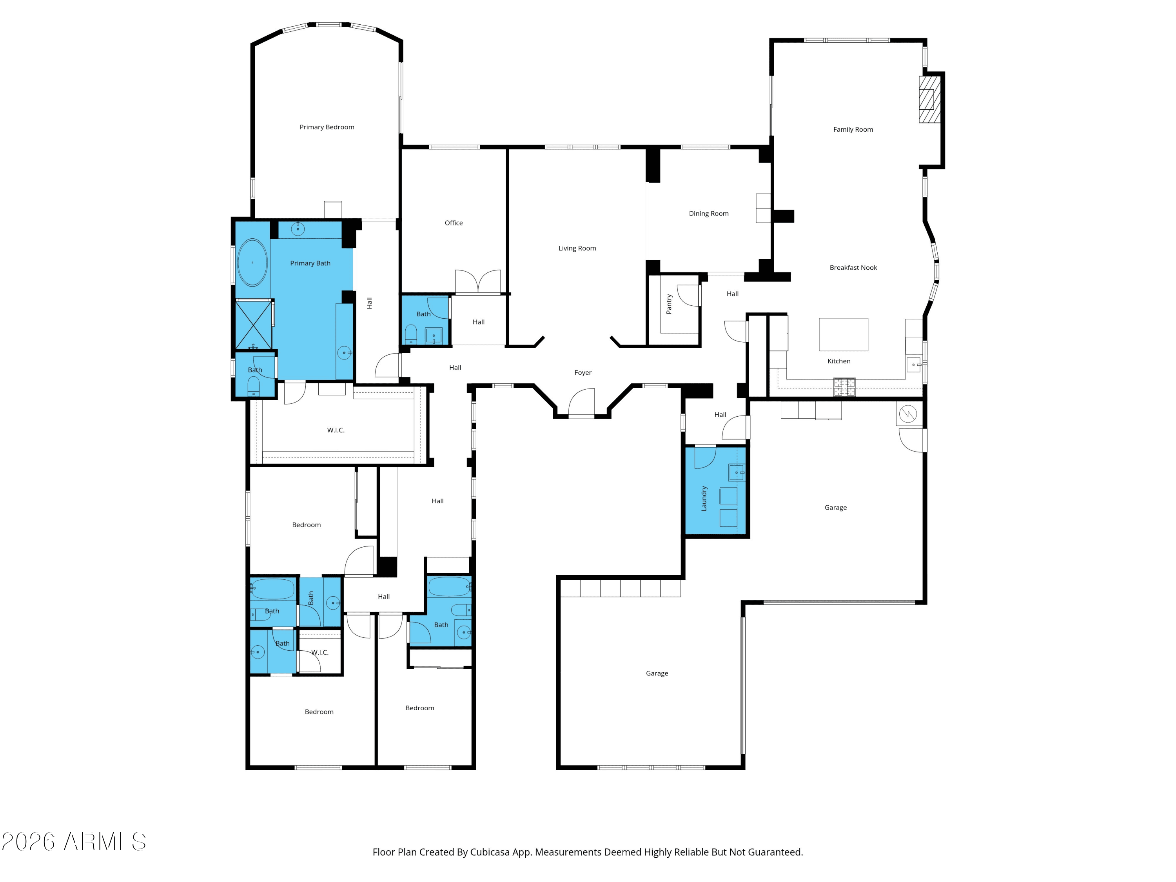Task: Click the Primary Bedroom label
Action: click(327, 127)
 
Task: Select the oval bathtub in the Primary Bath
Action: click(252, 263)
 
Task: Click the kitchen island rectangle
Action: click(843, 334)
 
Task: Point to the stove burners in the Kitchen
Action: click(844, 387)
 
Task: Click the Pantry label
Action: click(669, 304)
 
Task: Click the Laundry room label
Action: click(704, 498)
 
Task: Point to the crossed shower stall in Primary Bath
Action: click(253, 324)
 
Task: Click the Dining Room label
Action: click(709, 214)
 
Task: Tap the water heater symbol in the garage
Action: click(907, 414)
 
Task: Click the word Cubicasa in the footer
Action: click(489, 852)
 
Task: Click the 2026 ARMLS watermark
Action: click(74, 842)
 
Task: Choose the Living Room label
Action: click(577, 248)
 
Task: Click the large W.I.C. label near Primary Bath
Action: click(336, 430)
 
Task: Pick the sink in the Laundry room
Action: click(736, 472)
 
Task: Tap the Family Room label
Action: click(853, 130)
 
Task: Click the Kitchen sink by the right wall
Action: click(913, 365)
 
